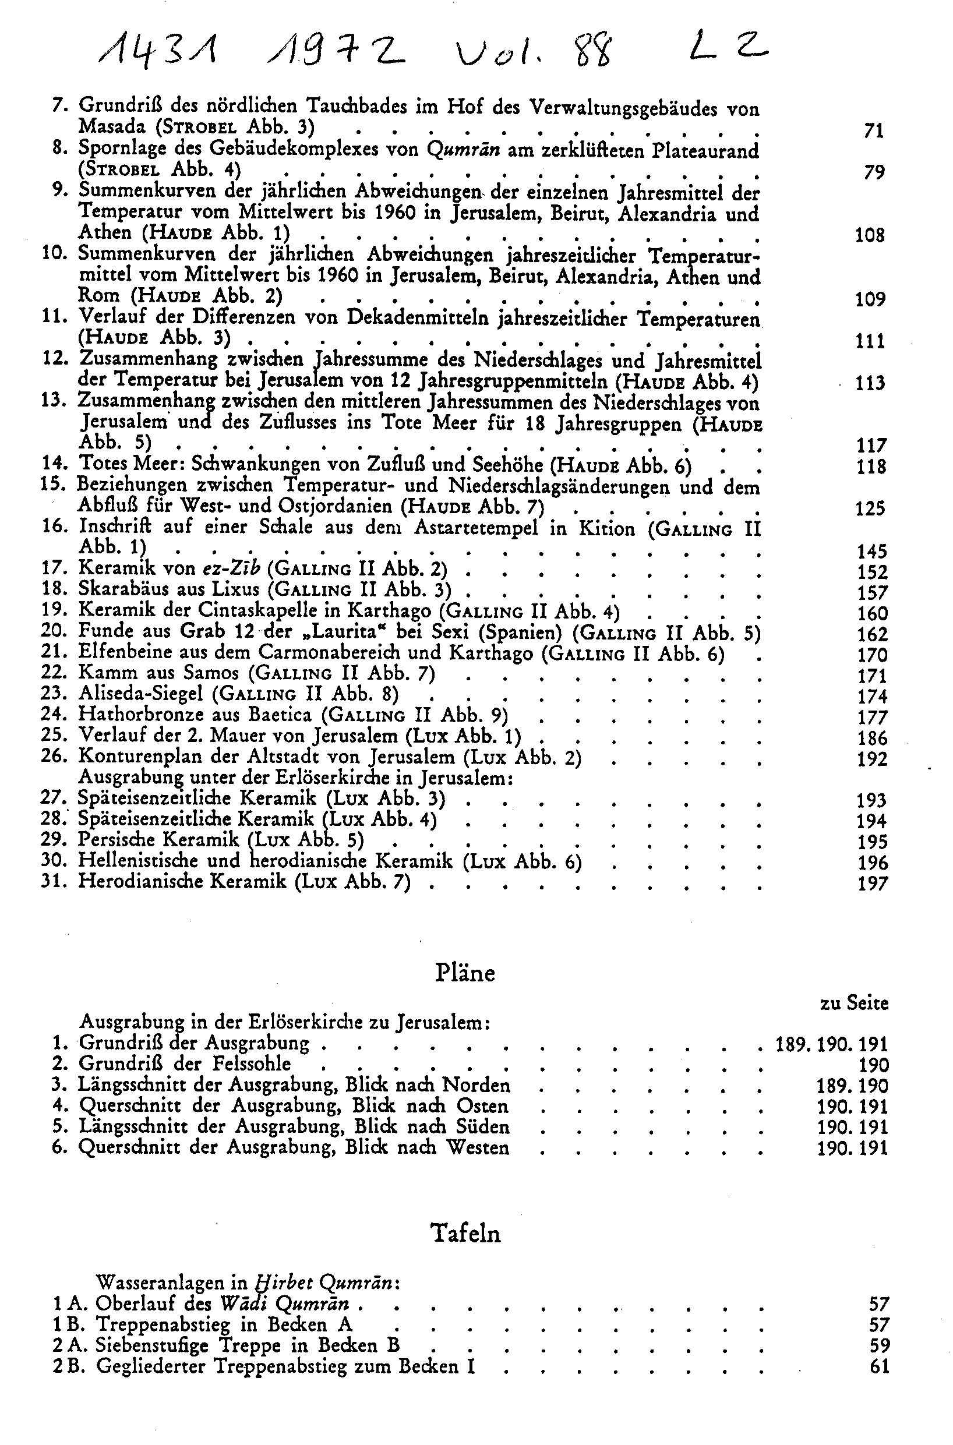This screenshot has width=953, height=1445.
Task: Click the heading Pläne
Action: coord(465,973)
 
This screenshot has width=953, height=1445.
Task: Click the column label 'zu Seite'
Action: coord(854,1004)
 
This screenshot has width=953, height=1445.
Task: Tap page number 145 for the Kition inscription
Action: coord(871,550)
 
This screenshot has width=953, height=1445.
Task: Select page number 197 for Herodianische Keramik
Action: coord(872,883)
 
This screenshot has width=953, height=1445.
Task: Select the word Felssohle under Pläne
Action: coord(252,1064)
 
